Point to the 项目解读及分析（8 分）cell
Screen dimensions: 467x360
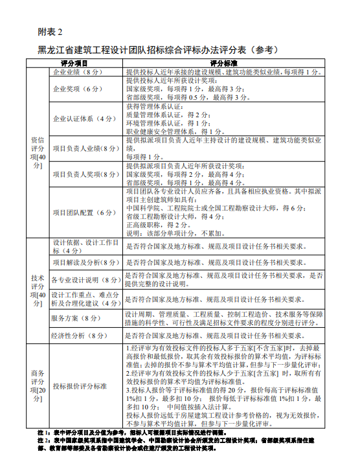[86, 263]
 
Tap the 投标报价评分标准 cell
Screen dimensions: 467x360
[80, 385]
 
